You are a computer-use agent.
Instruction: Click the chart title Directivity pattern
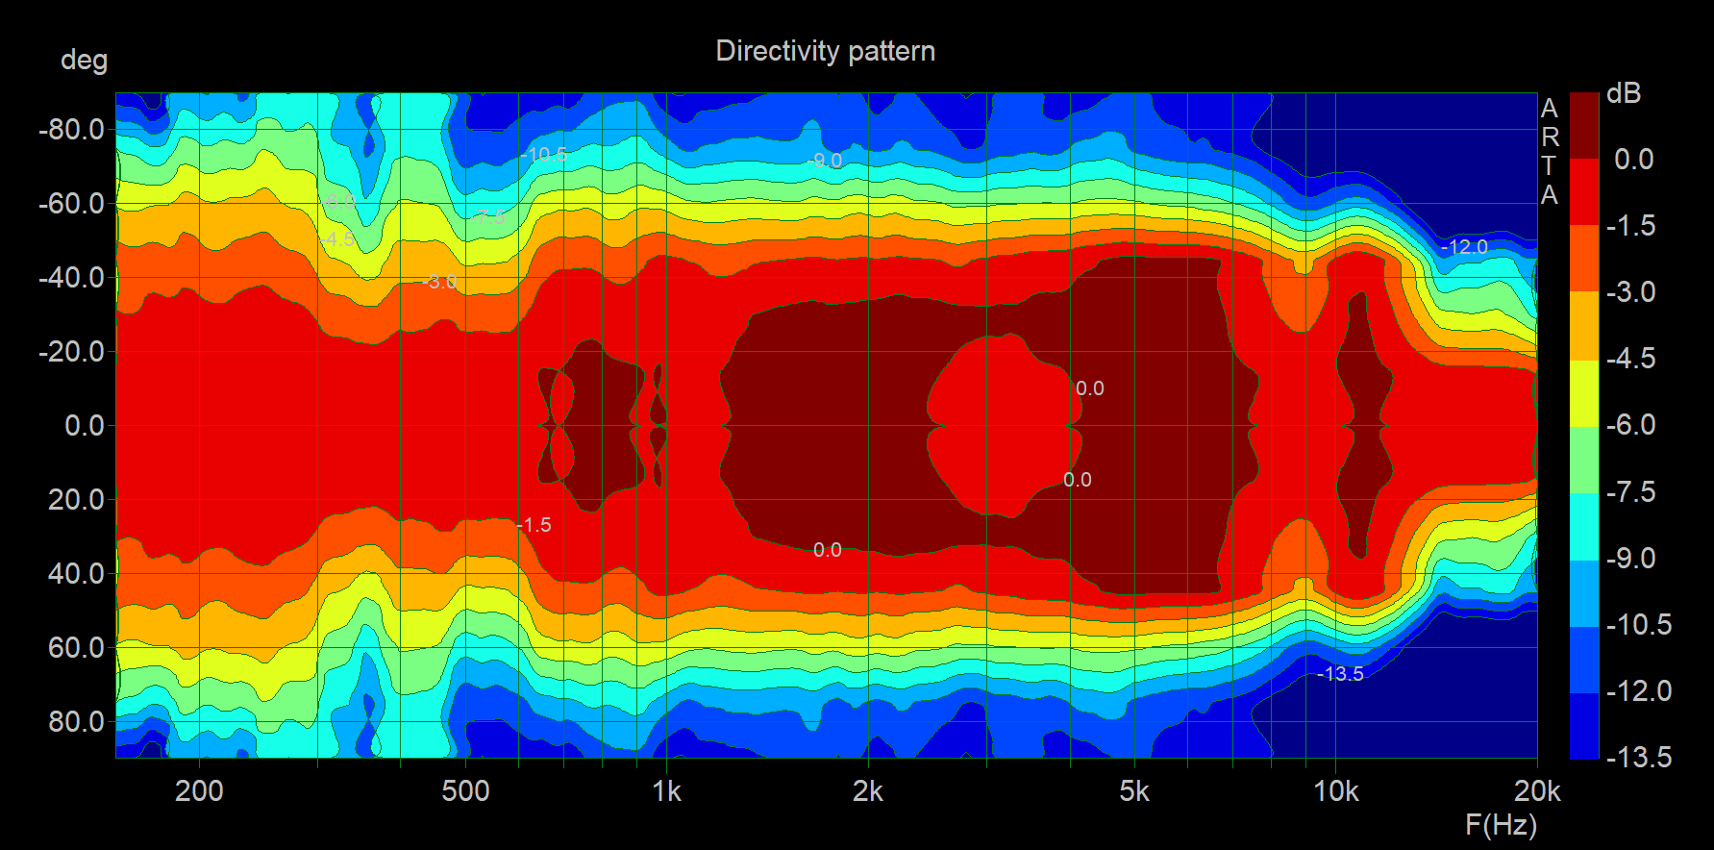[825, 51]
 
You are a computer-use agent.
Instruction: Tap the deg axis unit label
[84, 61]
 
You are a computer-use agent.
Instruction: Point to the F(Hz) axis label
[1501, 824]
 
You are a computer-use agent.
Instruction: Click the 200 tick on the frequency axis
[199, 791]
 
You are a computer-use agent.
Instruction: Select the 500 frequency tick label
[465, 791]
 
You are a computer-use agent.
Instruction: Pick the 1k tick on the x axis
[666, 791]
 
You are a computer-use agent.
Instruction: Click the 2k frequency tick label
[867, 791]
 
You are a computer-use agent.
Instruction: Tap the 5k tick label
[1134, 791]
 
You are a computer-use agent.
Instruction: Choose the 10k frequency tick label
[1335, 791]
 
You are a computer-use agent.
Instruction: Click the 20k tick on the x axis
[1536, 791]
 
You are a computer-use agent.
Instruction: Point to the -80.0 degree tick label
[71, 130]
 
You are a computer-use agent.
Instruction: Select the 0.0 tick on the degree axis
[84, 425]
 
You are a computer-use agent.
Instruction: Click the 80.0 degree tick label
[76, 721]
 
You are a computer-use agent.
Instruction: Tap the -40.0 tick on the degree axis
[71, 278]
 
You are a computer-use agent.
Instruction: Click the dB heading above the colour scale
[1624, 94]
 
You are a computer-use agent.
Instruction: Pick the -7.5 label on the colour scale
[1630, 492]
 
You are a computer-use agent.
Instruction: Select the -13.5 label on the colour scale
[1638, 758]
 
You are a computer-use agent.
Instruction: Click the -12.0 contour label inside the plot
[1464, 247]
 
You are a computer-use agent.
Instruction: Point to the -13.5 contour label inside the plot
[1340, 674]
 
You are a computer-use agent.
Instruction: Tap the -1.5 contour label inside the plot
[534, 525]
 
